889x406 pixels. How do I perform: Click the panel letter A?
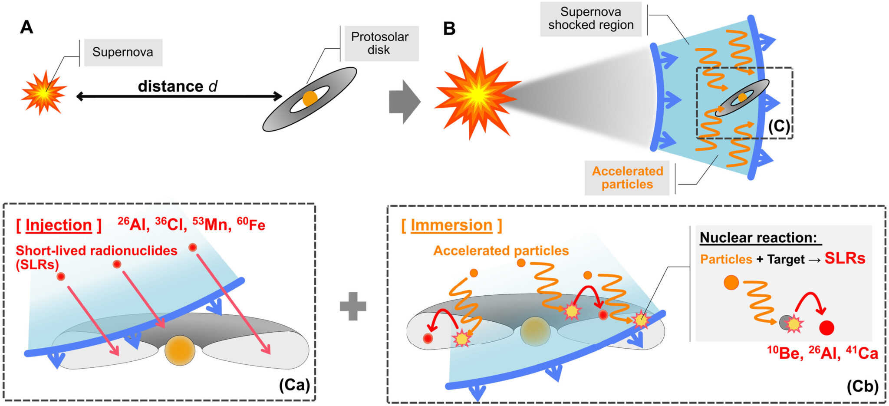(26, 27)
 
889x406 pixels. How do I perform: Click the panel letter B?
(449, 29)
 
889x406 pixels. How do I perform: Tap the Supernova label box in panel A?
(123, 53)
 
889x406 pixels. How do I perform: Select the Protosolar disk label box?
(380, 43)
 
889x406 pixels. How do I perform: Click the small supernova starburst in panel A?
(43, 92)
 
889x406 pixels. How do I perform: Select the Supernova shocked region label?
(591, 19)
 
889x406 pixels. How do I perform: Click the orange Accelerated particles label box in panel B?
(627, 178)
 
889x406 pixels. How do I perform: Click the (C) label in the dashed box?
(779, 126)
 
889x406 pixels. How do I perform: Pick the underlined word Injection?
(59, 225)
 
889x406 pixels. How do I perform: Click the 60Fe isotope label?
(251, 224)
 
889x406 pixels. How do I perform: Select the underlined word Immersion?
(451, 225)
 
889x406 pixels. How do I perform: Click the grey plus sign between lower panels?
(353, 306)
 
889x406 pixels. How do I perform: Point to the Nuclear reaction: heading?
(758, 238)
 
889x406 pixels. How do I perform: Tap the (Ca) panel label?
(294, 385)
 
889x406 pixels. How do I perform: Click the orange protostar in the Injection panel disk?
(180, 350)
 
